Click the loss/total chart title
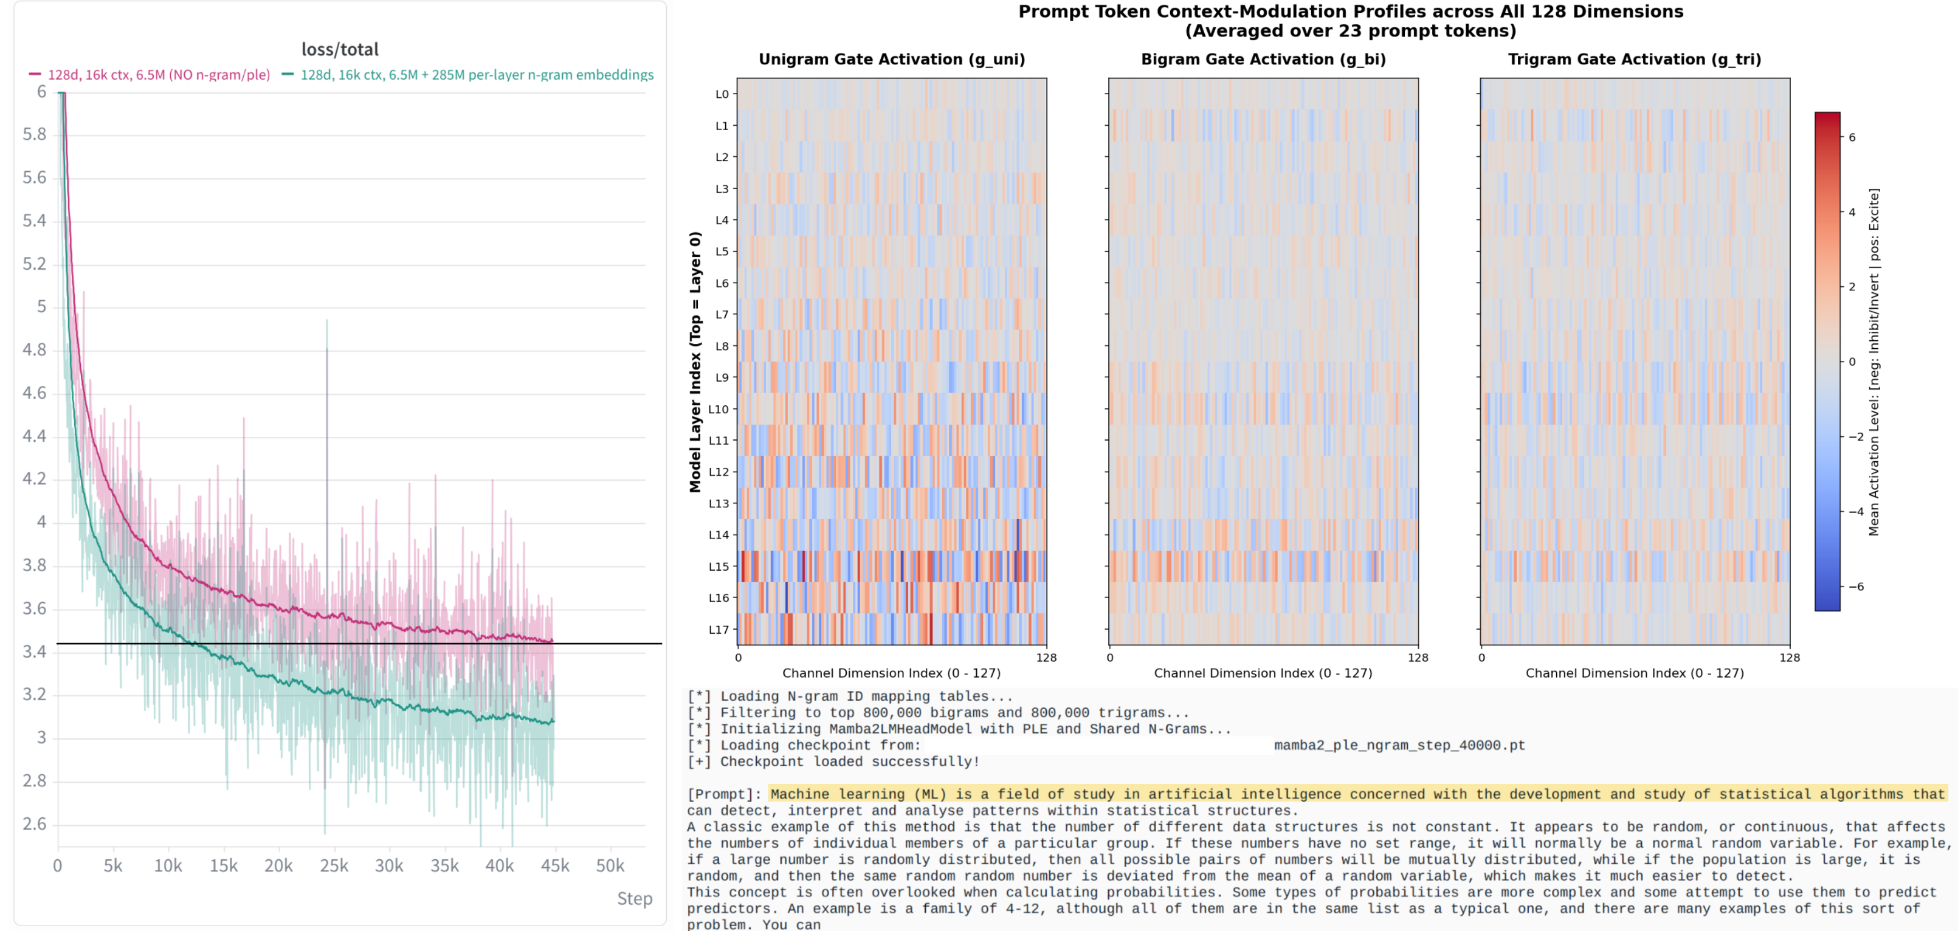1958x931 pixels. coord(340,49)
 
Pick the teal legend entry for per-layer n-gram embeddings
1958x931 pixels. coord(467,75)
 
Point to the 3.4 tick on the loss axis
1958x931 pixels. coord(34,651)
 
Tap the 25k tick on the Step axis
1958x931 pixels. coord(334,865)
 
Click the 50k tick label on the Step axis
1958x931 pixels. coord(610,865)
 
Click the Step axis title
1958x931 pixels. coord(635,898)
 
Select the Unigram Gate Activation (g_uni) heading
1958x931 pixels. coord(892,60)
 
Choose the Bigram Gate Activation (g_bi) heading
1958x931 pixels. coord(1263,60)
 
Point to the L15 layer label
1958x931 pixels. coord(719,566)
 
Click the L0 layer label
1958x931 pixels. coord(722,94)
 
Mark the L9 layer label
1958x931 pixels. coord(722,377)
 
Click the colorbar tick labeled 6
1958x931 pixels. coord(1852,137)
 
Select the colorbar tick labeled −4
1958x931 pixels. coord(1855,512)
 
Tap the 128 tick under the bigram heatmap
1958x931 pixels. coord(1418,658)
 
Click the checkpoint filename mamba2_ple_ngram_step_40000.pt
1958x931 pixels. coord(1399,746)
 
